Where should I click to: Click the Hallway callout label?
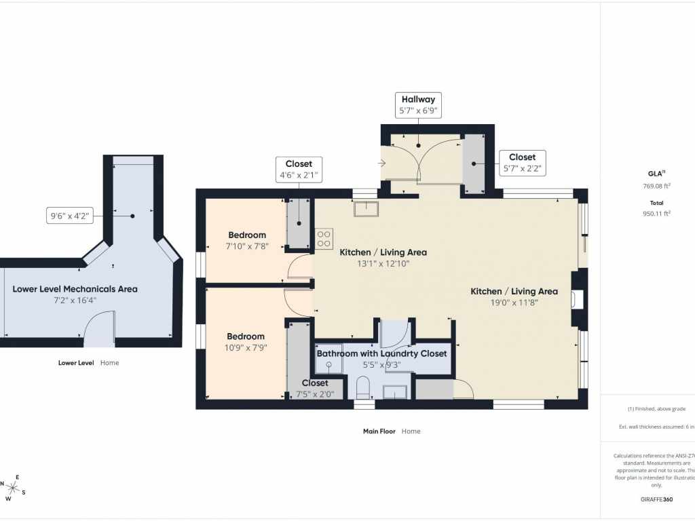(418, 104)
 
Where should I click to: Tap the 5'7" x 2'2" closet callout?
(522, 163)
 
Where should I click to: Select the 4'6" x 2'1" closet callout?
(299, 170)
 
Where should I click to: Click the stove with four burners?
(324, 239)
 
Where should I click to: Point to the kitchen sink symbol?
(366, 208)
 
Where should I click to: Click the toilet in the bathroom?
(363, 389)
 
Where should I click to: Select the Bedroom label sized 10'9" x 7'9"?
(246, 342)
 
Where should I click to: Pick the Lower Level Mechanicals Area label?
(75, 294)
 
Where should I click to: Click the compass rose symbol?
(13, 487)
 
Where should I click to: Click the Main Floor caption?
(392, 431)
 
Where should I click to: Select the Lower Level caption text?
(88, 362)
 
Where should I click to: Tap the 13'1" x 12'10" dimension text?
(383, 263)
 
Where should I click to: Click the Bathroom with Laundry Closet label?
(382, 353)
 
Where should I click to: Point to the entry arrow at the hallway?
(381, 163)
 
